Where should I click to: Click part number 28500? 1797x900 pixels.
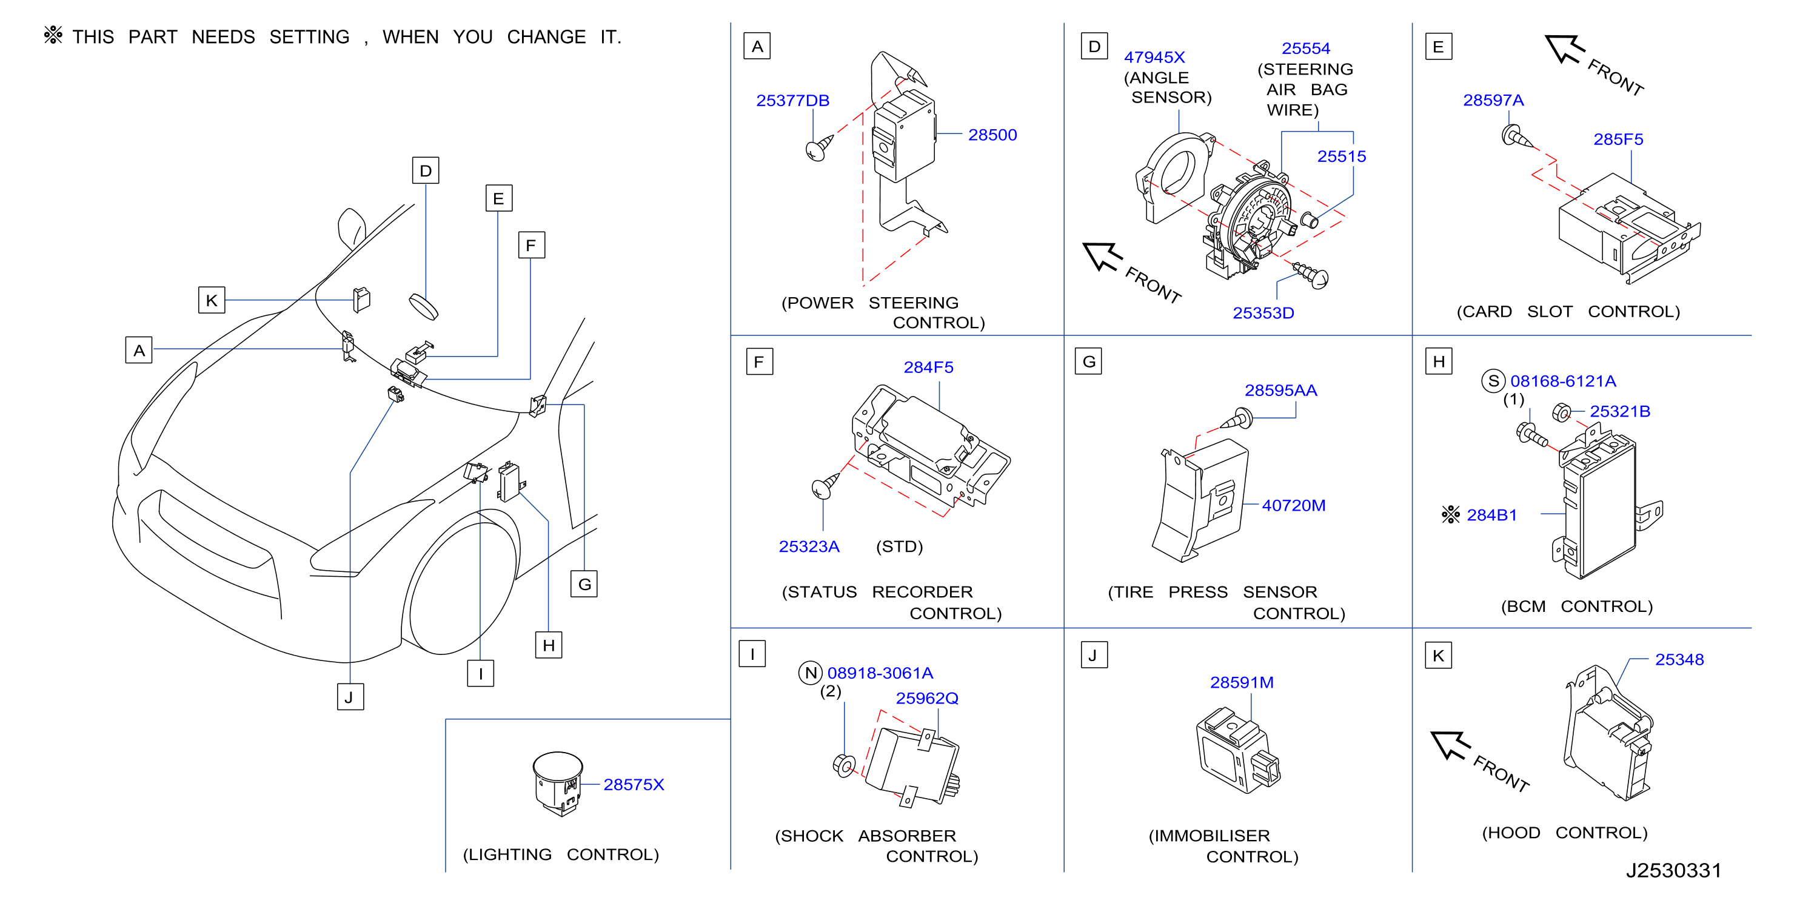[992, 135]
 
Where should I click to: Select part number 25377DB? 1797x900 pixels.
[792, 101]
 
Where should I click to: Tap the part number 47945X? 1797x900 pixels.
[1154, 57]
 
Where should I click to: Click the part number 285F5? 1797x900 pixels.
[1618, 139]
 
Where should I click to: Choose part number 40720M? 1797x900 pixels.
[1293, 505]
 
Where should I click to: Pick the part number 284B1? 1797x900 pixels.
[1491, 515]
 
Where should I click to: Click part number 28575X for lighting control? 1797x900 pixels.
[634, 784]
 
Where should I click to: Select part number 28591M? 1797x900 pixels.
[1242, 682]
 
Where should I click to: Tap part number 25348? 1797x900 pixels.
[1679, 659]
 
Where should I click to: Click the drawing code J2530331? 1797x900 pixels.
[1673, 870]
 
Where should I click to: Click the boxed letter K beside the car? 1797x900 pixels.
[212, 300]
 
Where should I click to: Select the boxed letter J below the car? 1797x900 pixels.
[350, 696]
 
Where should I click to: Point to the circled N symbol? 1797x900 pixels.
[810, 673]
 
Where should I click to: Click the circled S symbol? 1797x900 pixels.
[1493, 381]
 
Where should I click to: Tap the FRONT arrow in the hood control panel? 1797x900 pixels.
[1451, 745]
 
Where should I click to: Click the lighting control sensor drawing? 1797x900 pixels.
[557, 784]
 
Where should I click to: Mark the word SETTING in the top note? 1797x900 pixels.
[309, 37]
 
